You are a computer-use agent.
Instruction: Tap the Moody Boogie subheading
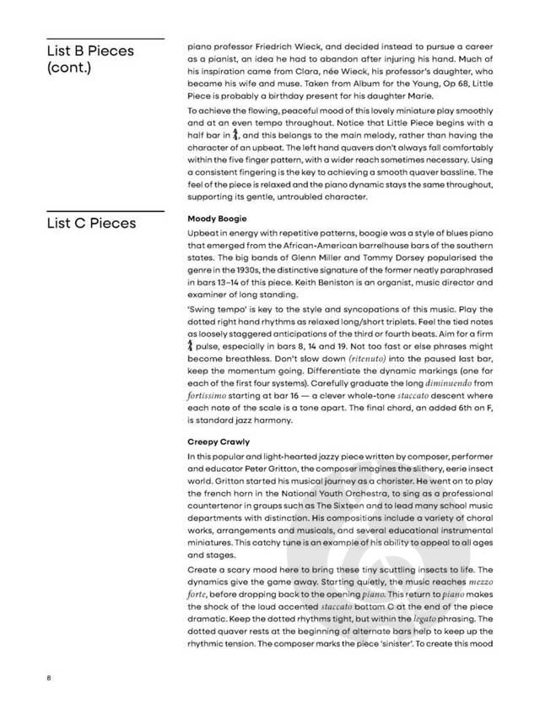coord(217,219)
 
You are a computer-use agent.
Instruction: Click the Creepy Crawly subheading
coord(218,441)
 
